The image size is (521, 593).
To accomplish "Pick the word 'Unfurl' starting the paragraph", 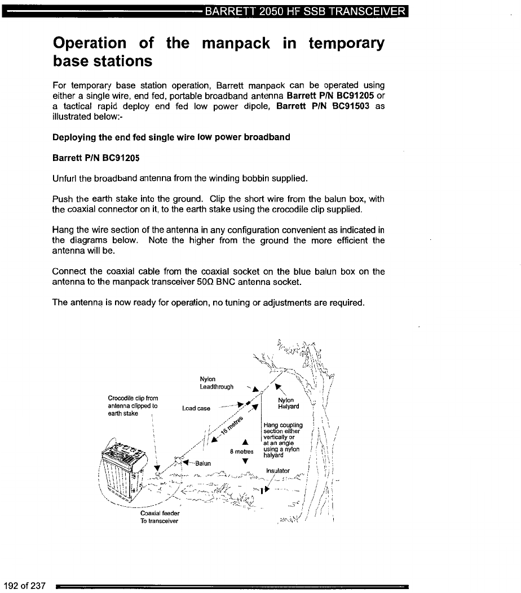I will point(65,179).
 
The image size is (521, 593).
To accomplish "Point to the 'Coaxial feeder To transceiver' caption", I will point(159,517).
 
